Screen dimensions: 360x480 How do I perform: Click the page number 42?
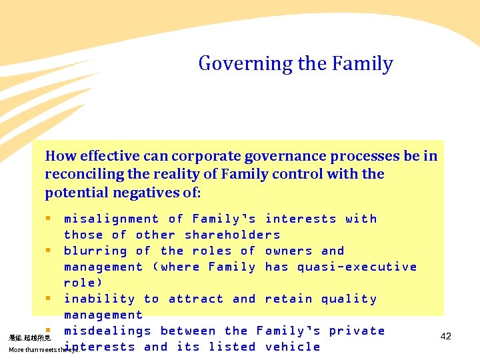coord(446,336)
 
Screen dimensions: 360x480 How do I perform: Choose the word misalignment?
coord(111,219)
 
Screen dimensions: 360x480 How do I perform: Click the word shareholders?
coord(233,235)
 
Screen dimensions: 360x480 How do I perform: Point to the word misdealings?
coord(107,331)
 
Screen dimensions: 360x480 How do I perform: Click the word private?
coord(357,331)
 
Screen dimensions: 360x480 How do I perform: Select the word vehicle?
coord(293,347)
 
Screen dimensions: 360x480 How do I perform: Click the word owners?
coord(289,251)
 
